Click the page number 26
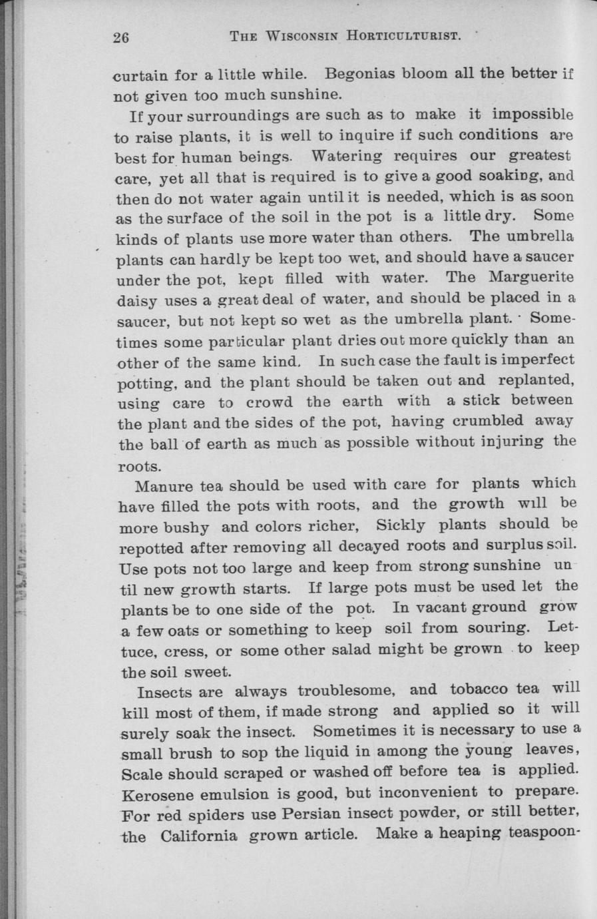[120, 37]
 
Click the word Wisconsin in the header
[302, 36]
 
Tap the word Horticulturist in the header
[403, 36]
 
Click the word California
[198, 835]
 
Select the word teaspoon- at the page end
[541, 833]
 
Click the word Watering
[346, 156]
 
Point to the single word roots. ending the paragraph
[139, 465]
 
